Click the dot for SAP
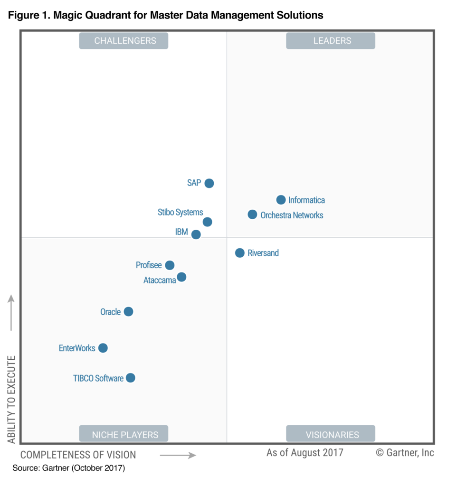point(209,183)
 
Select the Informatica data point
point(281,200)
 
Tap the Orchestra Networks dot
point(252,215)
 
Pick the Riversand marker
point(240,253)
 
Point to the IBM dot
point(196,234)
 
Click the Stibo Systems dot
point(207,222)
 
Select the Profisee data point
point(170,265)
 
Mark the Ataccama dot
point(181,277)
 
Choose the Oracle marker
point(128,312)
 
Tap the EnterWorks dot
point(103,348)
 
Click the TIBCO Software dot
point(131,378)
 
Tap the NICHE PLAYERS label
point(125,434)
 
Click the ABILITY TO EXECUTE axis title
point(11,399)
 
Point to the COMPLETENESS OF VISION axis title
point(78,455)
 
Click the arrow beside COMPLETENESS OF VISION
point(178,455)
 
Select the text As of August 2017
point(304,452)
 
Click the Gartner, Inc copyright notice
point(405,452)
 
